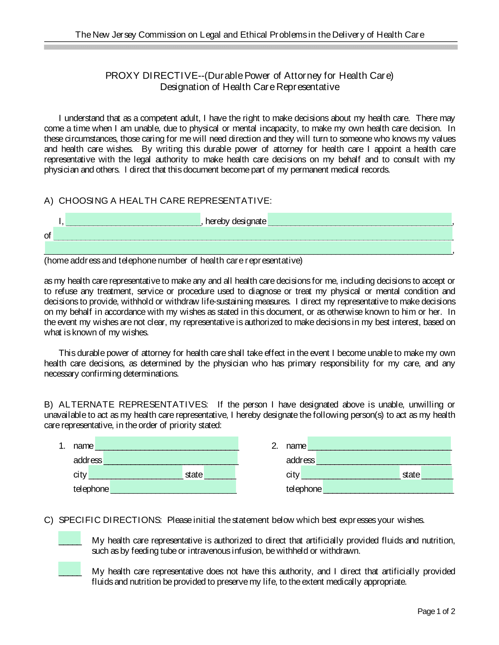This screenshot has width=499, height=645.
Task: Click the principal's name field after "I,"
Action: pos(133,220)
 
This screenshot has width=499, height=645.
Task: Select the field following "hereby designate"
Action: pos(360,220)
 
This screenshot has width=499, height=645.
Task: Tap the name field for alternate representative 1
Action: pos(167,444)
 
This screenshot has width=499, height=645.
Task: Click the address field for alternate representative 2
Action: pos(383,459)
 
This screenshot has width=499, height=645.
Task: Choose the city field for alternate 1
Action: pos(135,473)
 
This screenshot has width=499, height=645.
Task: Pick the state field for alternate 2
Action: pos(437,473)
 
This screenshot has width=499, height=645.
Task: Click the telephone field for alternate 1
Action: pos(173,488)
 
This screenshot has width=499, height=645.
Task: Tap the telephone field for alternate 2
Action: pos(388,488)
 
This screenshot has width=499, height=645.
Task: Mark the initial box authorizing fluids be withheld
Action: pos(70,538)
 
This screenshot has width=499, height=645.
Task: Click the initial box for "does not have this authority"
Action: pos(70,569)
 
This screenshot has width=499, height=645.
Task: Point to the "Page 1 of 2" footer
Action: pos(436,611)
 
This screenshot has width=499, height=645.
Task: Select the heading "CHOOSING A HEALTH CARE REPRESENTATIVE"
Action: pos(164,201)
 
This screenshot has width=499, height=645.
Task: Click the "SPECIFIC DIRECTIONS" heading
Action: pos(110,520)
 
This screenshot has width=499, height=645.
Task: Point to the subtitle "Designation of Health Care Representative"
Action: pos(250,87)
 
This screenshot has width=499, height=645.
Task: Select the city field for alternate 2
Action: pos(350,473)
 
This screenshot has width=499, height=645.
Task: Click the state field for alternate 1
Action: pos(220,473)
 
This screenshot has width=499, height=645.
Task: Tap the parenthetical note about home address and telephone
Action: pos(173,261)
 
